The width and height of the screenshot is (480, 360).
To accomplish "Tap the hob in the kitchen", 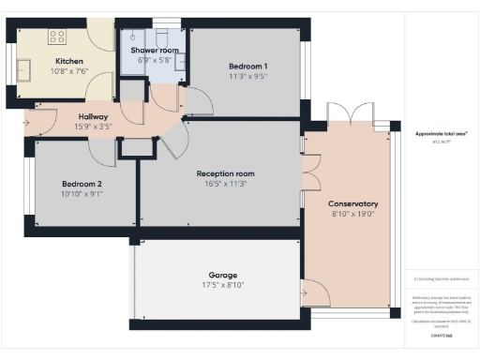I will tap(56, 37).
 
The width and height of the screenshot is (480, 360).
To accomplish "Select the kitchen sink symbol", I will tap(22, 69).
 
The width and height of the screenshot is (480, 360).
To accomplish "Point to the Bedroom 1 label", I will tap(248, 66).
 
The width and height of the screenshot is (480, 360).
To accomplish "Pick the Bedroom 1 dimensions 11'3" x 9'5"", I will tap(248, 77).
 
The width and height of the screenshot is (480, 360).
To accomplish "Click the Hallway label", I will tap(93, 116).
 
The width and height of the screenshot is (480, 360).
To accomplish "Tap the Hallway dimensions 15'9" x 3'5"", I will tap(93, 127).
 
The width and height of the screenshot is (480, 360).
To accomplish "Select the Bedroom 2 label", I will tap(82, 183).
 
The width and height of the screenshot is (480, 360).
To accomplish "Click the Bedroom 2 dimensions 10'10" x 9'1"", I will tap(82, 194).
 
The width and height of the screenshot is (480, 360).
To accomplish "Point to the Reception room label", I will tap(225, 173).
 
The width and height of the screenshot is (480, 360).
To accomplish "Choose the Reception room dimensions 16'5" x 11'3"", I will tap(225, 185).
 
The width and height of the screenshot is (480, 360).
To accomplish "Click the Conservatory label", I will tap(352, 203).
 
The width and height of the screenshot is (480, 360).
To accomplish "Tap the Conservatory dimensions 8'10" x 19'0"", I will tap(352, 215).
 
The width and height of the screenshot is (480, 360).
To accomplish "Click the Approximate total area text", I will tap(442, 134).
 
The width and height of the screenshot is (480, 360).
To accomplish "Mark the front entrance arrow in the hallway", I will tap(23, 121).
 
